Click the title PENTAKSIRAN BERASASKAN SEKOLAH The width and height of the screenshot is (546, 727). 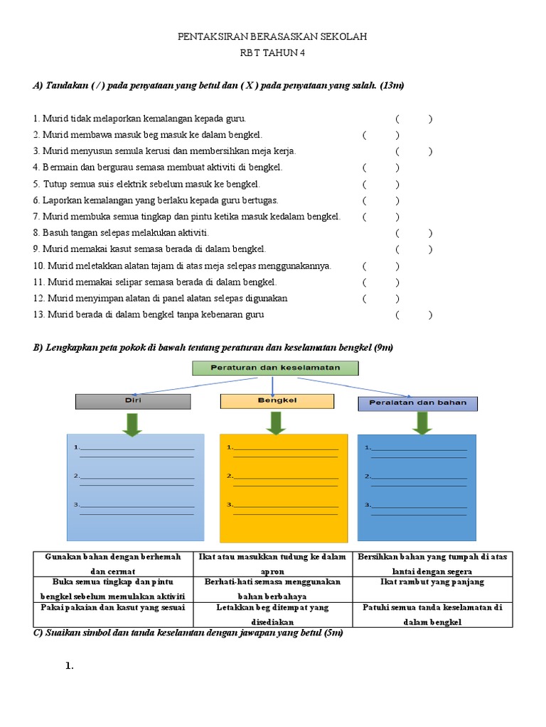273,36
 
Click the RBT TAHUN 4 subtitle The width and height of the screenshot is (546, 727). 273,53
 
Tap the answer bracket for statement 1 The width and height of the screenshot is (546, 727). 414,119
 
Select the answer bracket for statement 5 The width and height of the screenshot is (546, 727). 380,184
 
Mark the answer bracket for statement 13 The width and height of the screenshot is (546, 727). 414,315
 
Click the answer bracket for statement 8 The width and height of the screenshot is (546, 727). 414,233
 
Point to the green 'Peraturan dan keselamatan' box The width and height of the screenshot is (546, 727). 276,368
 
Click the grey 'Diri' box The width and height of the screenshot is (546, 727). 133,401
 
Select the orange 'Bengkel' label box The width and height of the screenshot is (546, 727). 277,401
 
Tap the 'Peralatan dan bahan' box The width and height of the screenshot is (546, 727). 417,403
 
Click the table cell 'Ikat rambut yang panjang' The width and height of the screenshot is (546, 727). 432,582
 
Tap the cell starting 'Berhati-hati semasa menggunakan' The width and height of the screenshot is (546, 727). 273,589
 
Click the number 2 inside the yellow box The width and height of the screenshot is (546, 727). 229,476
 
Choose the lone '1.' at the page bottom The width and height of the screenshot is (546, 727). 70,667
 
